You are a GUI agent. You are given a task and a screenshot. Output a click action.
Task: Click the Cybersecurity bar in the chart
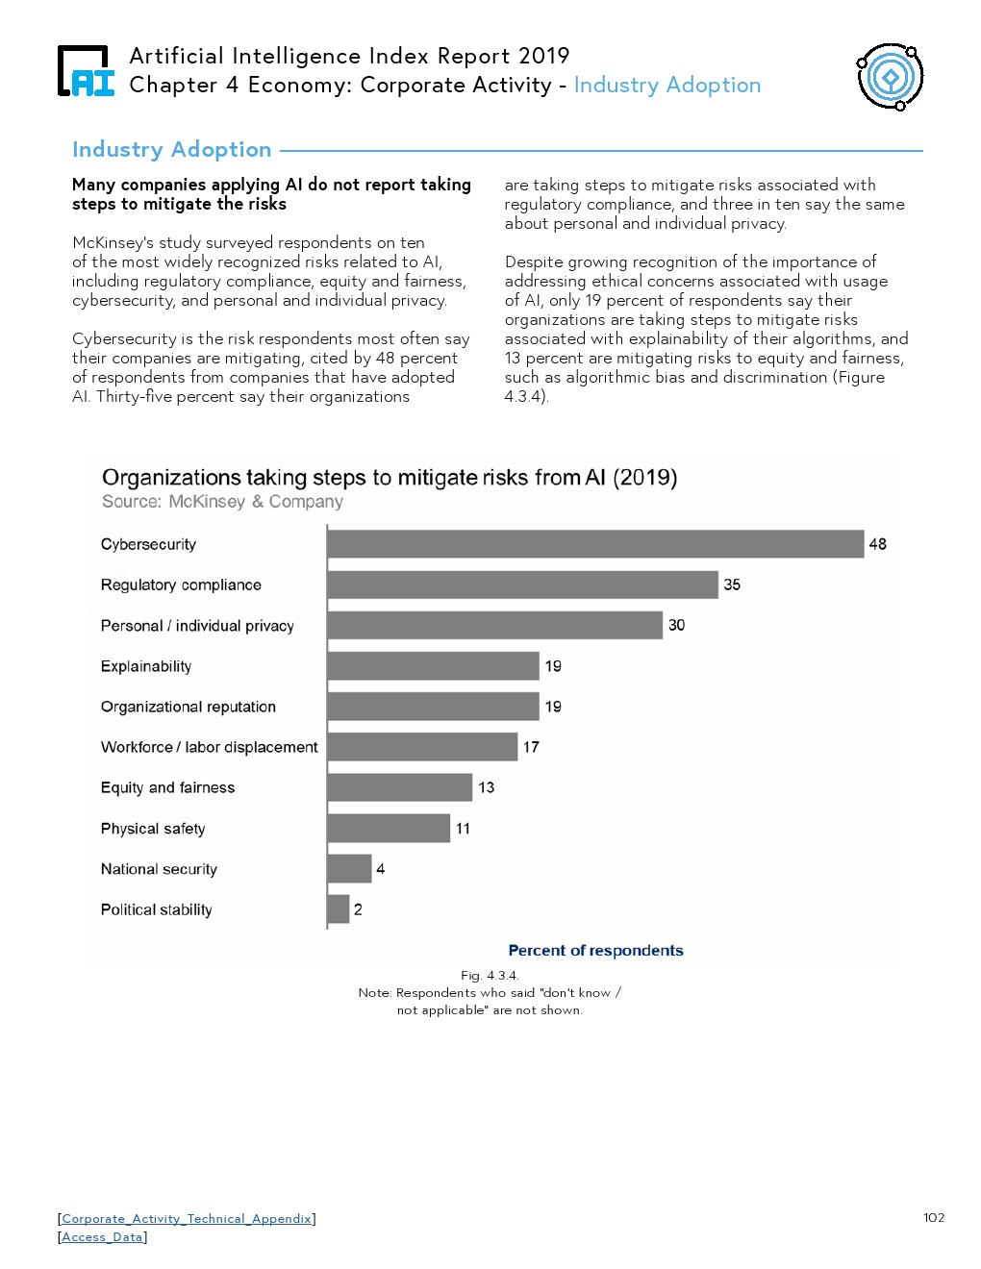pyautogui.click(x=595, y=544)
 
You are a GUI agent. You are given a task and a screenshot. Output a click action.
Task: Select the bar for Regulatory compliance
pyautogui.click(x=523, y=585)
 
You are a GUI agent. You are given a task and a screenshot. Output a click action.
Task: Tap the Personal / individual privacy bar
pyautogui.click(x=495, y=625)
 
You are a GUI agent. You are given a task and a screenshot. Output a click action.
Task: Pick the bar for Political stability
pyautogui.click(x=339, y=909)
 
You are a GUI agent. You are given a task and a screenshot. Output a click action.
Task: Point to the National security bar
pyautogui.click(x=349, y=868)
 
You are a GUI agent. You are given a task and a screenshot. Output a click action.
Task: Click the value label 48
pyautogui.click(x=877, y=544)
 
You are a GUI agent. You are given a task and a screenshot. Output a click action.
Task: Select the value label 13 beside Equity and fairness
pyautogui.click(x=486, y=787)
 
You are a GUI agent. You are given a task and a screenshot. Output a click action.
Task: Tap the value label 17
pyautogui.click(x=531, y=747)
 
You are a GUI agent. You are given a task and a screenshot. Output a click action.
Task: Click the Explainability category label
pyautogui.click(x=146, y=666)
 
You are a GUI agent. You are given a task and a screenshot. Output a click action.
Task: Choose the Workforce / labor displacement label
pyautogui.click(x=209, y=747)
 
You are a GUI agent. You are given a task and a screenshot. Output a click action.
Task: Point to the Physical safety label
pyautogui.click(x=153, y=829)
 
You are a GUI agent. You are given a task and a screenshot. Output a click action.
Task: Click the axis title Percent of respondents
pyautogui.click(x=595, y=950)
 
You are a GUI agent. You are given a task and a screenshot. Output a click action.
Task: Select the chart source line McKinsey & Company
pyautogui.click(x=222, y=501)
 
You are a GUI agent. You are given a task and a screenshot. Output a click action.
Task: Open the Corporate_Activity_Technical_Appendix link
pyautogui.click(x=187, y=1218)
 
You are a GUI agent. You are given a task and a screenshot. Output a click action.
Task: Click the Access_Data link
pyautogui.click(x=102, y=1236)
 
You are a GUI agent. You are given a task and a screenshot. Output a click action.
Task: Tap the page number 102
pyautogui.click(x=934, y=1217)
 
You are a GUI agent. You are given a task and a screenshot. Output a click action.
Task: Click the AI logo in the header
pyautogui.click(x=86, y=71)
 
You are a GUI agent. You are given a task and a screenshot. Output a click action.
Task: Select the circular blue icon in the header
pyautogui.click(x=890, y=77)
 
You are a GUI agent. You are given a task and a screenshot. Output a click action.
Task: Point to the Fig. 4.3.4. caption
pyautogui.click(x=490, y=975)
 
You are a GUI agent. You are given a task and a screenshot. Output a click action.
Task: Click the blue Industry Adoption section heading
pyautogui.click(x=172, y=150)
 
